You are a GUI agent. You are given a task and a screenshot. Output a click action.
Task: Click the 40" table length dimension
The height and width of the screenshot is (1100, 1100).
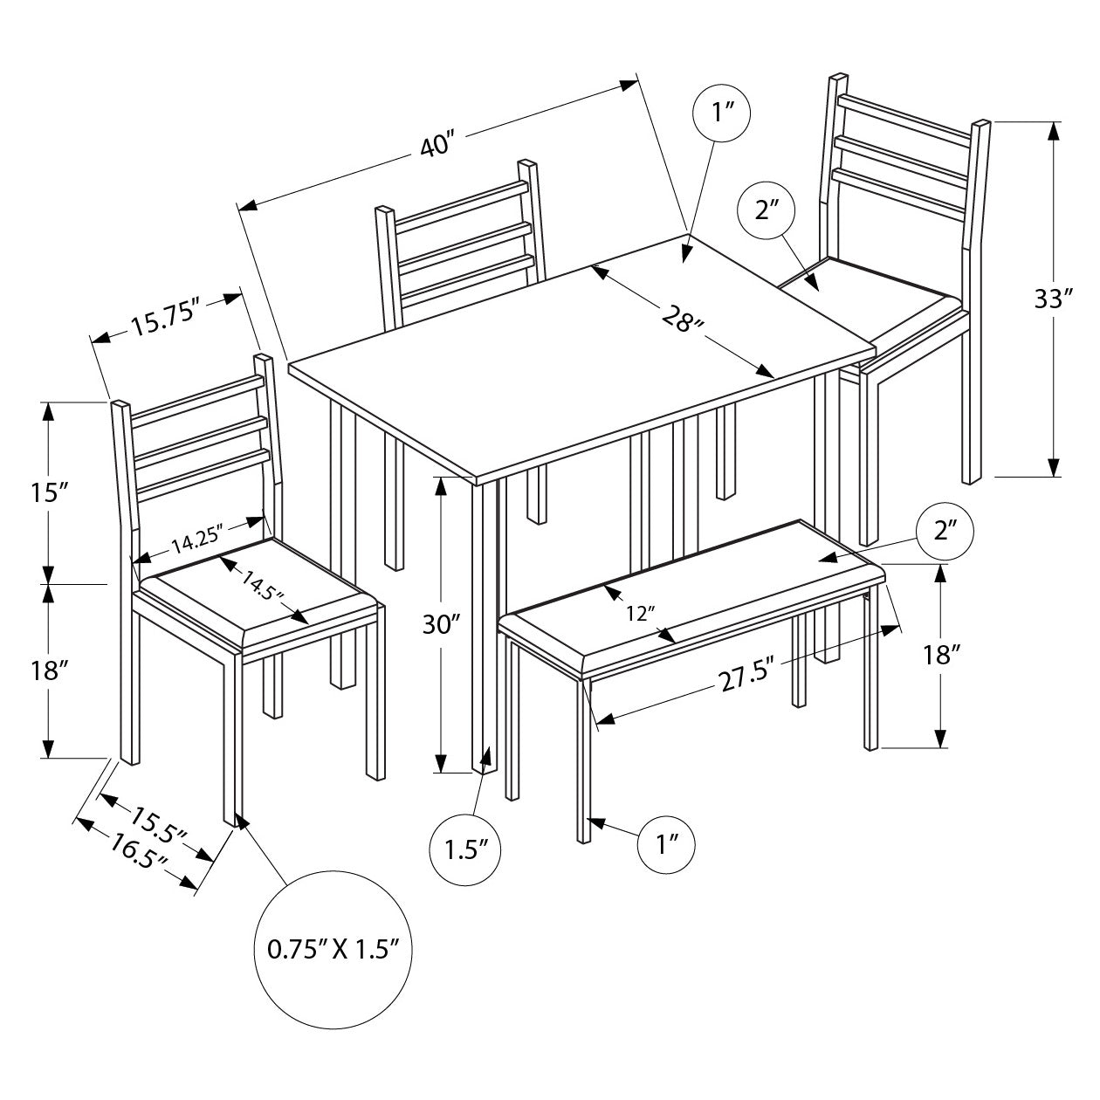pyautogui.click(x=438, y=145)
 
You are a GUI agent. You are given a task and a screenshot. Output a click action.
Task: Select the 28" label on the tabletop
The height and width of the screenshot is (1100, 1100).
pyautogui.click(x=682, y=320)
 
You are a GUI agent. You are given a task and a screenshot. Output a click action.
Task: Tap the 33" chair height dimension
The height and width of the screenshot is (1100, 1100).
pyautogui.click(x=1053, y=299)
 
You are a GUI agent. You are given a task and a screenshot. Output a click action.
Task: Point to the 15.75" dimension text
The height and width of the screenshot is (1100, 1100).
pyautogui.click(x=166, y=321)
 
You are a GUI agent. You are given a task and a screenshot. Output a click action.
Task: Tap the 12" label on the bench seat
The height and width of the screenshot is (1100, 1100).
pyautogui.click(x=641, y=614)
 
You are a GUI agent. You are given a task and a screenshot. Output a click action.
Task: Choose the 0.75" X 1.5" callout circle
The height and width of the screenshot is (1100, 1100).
pyautogui.click(x=332, y=949)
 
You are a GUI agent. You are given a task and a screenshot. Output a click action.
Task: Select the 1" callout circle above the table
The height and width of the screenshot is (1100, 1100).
pyautogui.click(x=721, y=114)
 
